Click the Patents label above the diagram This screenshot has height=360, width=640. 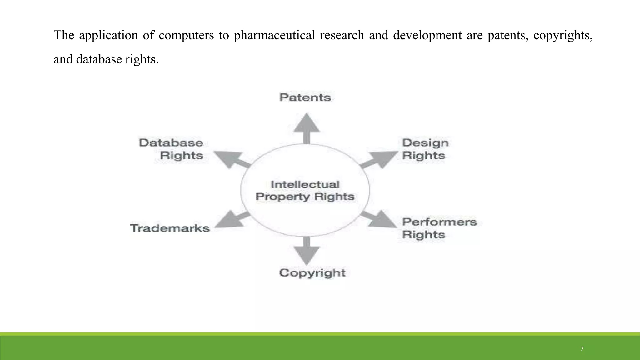coord(305,97)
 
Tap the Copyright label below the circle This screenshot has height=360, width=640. coord(312,273)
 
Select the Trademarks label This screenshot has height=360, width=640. coord(170,228)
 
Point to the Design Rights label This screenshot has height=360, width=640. coord(425,149)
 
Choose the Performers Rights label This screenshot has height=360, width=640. coord(439,228)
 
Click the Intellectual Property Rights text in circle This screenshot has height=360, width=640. coord(305,191)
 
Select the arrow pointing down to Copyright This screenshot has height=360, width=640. coord(307,251)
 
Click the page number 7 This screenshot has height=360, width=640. coord(582,349)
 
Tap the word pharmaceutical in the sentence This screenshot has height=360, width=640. coord(274,35)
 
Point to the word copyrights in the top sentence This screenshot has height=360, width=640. coord(563,35)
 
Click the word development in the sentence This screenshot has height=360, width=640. coord(427,35)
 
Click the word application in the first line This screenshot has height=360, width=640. coord(108,35)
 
